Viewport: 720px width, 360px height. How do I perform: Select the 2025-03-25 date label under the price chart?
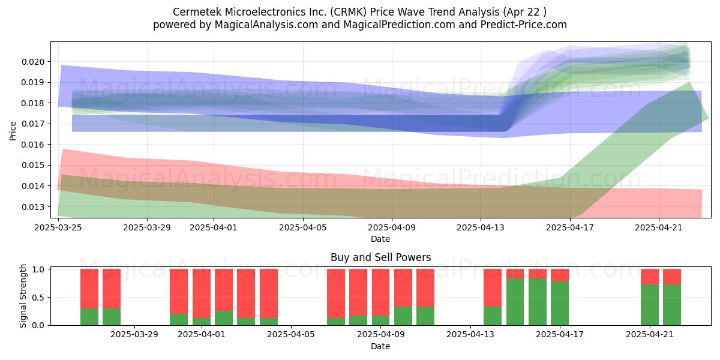click(58, 227)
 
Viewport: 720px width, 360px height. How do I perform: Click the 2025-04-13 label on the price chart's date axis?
click(481, 227)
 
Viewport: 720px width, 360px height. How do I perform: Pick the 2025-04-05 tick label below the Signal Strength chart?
click(291, 335)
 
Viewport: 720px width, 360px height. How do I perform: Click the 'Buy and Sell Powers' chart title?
click(380, 257)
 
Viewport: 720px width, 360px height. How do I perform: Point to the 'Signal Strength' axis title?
click(23, 296)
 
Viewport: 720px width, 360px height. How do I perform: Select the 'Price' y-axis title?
click(13, 131)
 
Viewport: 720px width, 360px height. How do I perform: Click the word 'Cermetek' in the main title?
click(197, 12)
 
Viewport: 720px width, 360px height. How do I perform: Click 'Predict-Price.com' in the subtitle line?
click(524, 25)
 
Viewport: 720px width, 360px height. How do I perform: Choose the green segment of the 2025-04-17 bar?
click(560, 304)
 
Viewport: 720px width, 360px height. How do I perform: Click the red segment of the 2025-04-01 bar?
click(202, 293)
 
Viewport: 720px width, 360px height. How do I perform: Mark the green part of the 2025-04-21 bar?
click(650, 305)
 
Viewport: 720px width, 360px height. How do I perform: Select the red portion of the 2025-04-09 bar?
click(380, 293)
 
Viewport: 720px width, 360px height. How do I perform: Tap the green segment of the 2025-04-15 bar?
click(515, 302)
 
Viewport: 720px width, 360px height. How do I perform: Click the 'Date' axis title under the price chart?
click(380, 239)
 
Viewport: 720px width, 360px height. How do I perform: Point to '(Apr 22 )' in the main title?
click(525, 12)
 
